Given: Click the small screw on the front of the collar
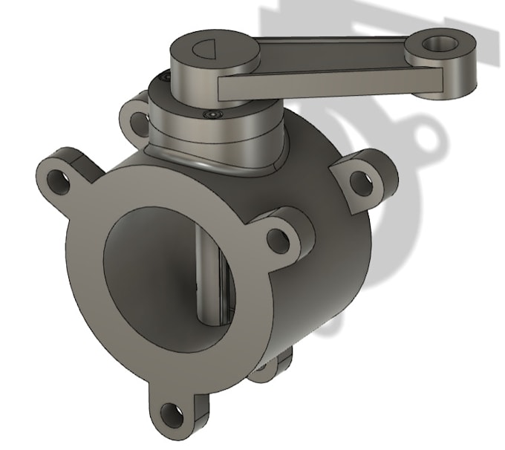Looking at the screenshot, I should [x=215, y=114].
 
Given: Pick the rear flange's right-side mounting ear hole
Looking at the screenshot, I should [x=359, y=178].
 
